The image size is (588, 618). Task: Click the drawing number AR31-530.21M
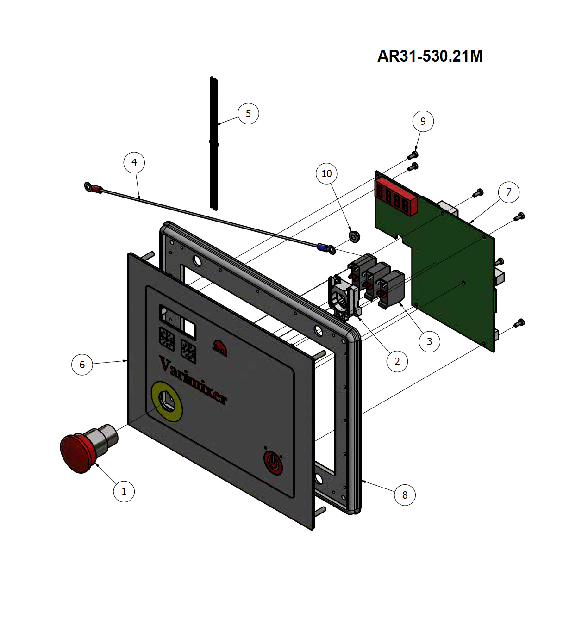(x=430, y=56)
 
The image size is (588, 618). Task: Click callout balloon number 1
(x=124, y=491)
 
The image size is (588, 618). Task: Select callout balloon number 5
(x=248, y=113)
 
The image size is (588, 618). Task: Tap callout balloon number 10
(x=326, y=173)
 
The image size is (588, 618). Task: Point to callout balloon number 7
(x=509, y=192)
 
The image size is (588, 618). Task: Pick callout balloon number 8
(x=405, y=495)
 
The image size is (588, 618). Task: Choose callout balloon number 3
(x=430, y=342)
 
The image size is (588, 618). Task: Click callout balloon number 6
(x=82, y=365)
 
